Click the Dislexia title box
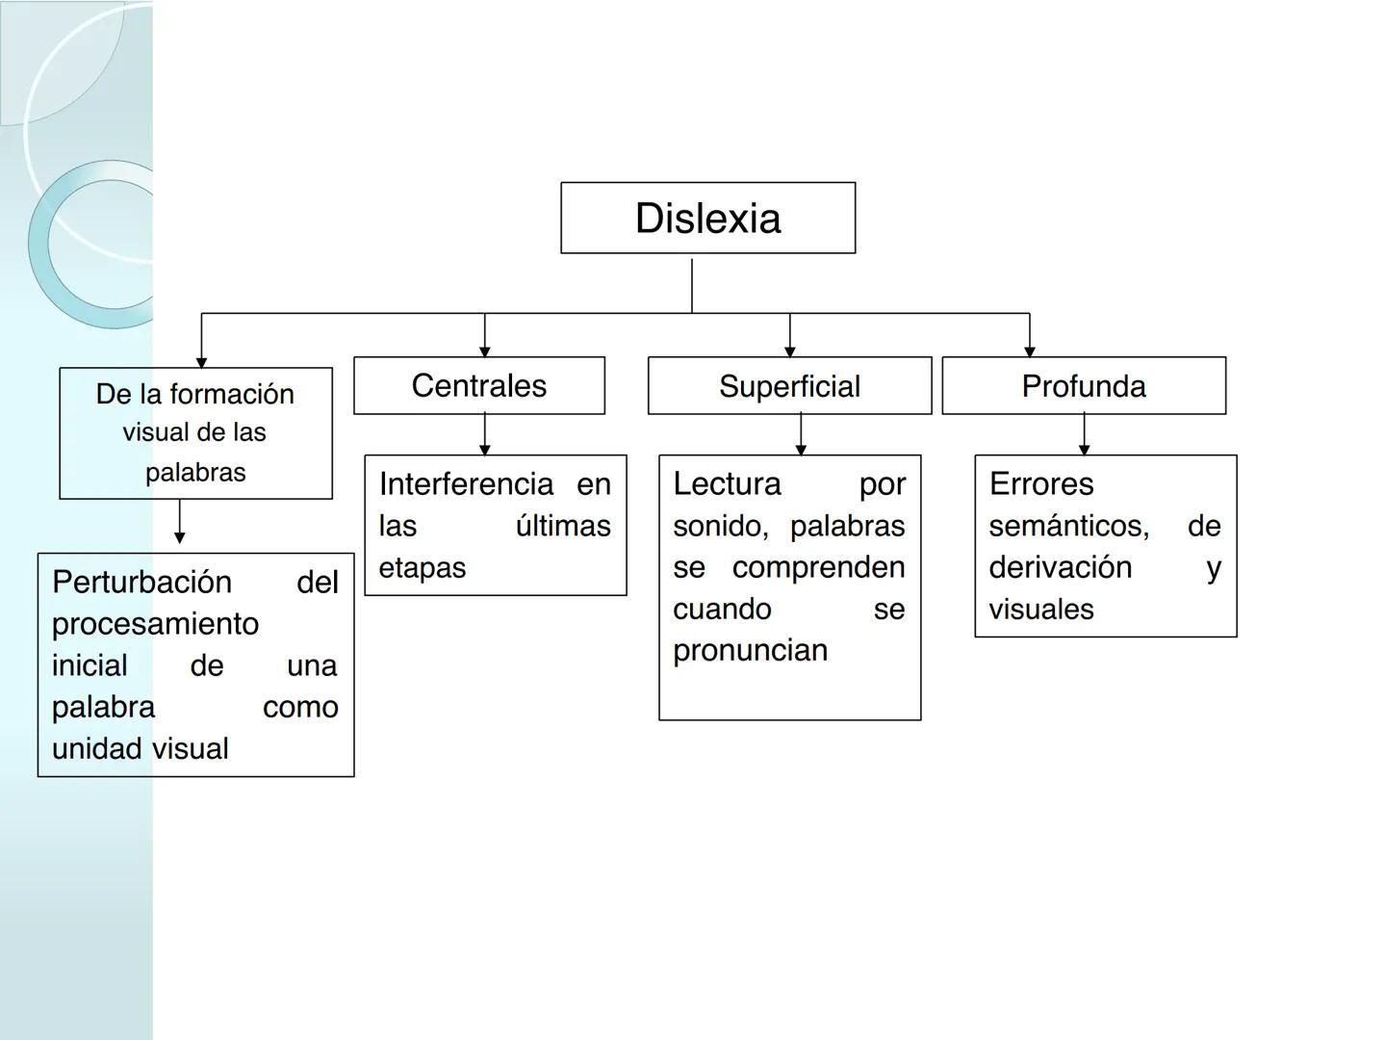point(707,218)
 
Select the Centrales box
point(478,385)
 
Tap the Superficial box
point(789,386)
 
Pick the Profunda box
point(1084,386)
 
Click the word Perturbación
point(141,582)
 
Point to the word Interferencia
point(466,483)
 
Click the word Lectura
point(727,483)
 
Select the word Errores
point(1041,483)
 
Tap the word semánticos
point(1068,526)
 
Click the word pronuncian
point(750,650)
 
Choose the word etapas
point(422,568)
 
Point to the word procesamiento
point(155,624)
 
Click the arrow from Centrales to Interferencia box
point(484,434)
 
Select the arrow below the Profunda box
point(1084,434)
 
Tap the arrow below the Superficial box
point(801,434)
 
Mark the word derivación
point(1060,567)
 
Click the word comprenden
point(818,567)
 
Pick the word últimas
point(563,526)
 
